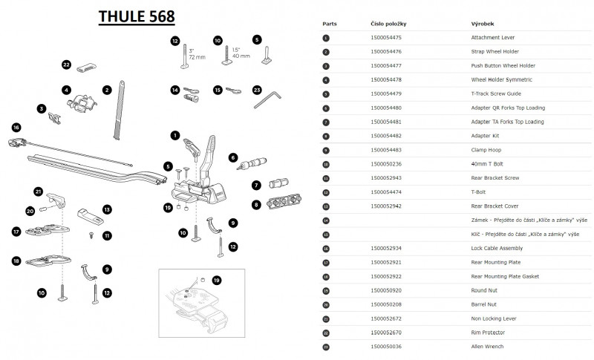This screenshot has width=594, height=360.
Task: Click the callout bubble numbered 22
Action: coord(67,65)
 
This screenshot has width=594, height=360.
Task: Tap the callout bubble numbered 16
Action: coord(16,127)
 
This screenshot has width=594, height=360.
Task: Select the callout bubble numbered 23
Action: coord(257,90)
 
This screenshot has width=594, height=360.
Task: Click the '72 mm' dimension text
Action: coord(197,56)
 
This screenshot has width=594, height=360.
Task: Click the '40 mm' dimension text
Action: coord(241,56)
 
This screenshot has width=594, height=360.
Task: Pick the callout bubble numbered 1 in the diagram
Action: coord(175,135)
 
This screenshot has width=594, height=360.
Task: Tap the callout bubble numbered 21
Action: coord(39,191)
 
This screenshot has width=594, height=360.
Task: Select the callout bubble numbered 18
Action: coord(16,261)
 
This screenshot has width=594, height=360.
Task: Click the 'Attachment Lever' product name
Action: coord(493,37)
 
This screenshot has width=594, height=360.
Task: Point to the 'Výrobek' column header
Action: coord(483,24)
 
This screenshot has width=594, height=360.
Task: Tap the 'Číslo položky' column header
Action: coord(388,24)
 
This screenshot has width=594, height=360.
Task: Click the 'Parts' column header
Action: coord(330,24)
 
